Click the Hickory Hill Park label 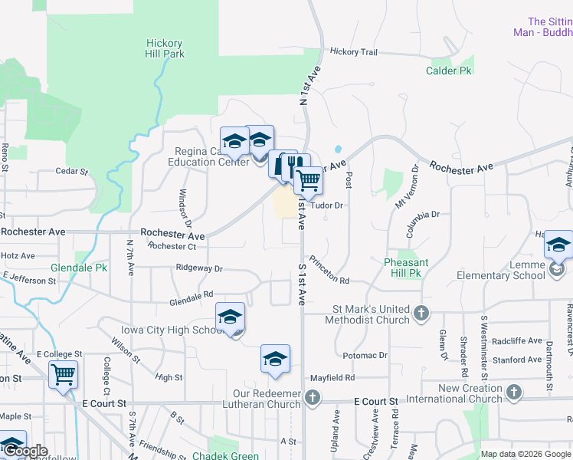click(x=164, y=48)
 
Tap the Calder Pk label click(x=448, y=71)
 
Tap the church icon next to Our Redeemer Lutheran click(x=312, y=397)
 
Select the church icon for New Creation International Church click(x=514, y=393)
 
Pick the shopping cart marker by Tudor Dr click(x=308, y=181)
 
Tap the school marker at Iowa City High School click(x=230, y=317)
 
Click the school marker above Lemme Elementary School click(x=558, y=246)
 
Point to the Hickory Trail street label click(x=353, y=52)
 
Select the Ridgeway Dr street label click(x=198, y=269)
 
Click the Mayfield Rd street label click(x=332, y=378)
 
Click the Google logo click(x=25, y=452)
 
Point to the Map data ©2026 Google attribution click(x=526, y=454)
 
